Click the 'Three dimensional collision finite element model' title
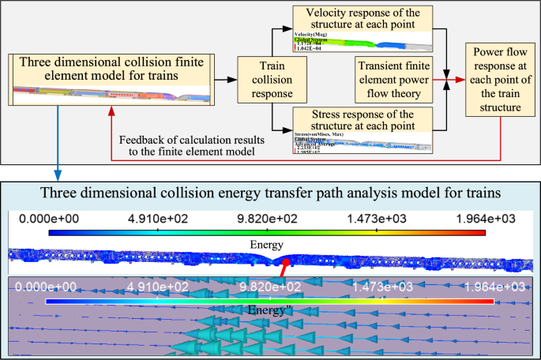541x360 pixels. click(x=111, y=69)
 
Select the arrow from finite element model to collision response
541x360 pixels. click(x=225, y=80)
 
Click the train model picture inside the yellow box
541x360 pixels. click(x=111, y=93)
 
